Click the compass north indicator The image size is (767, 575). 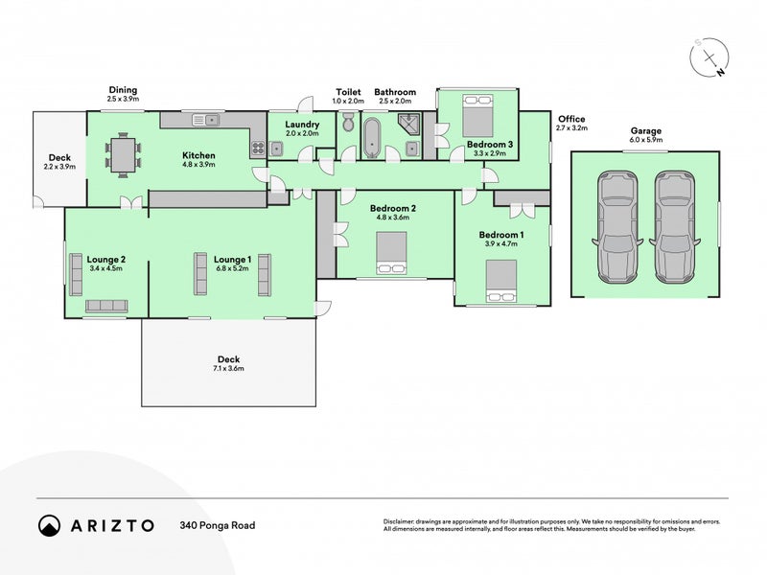tap(710, 58)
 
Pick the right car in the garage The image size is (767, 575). tap(673, 227)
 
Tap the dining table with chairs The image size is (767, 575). tap(123, 156)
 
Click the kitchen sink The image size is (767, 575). tap(207, 120)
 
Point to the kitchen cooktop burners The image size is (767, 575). tap(257, 148)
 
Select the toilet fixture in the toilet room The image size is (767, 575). tap(347, 125)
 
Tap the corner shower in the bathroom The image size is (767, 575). tap(409, 122)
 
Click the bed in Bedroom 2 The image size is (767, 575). tap(390, 256)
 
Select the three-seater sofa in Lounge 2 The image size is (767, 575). tap(106, 306)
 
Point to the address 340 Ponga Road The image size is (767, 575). tap(217, 525)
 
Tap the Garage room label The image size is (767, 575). tap(645, 130)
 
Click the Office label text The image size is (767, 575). tap(571, 119)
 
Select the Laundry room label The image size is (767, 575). tap(301, 125)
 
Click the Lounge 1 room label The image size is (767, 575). tap(231, 259)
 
